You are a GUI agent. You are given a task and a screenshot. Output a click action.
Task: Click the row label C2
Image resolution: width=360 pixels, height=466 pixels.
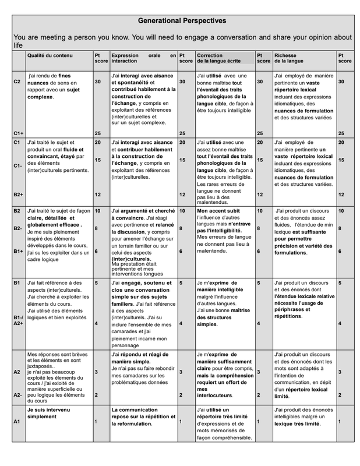pyautogui.click(x=17, y=82)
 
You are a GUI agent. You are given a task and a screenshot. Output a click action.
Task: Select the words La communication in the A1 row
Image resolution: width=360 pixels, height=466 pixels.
pyautogui.click(x=135, y=409)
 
